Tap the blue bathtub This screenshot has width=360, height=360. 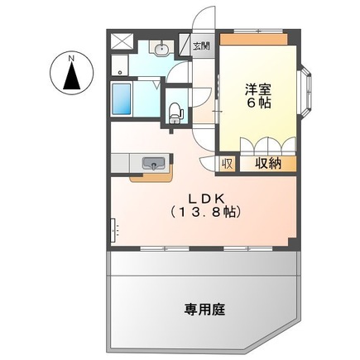[x=122, y=99]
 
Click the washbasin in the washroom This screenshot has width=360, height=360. [x=161, y=48]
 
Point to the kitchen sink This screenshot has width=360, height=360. [x=153, y=163]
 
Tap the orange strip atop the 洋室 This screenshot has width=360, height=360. [x=253, y=39]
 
